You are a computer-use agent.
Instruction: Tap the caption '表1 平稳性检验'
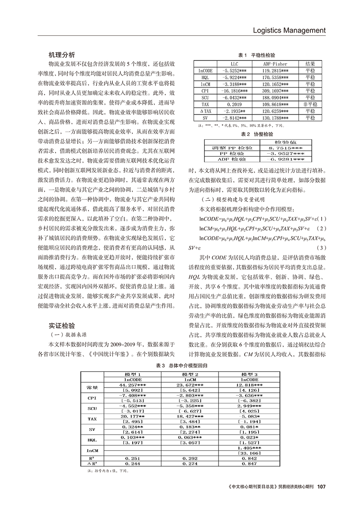[x=256, y=56]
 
